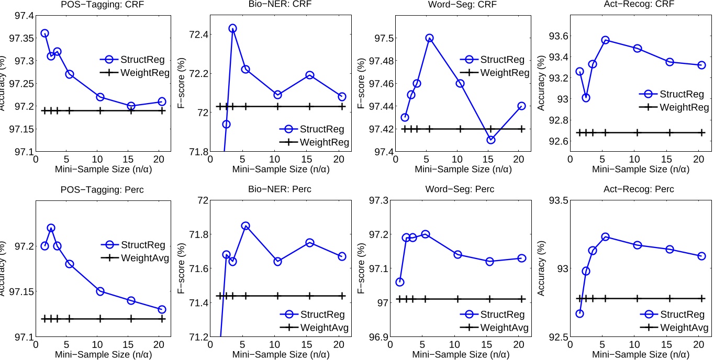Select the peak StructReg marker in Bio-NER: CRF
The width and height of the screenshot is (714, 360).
(x=232, y=28)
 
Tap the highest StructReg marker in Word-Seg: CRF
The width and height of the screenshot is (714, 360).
(x=429, y=38)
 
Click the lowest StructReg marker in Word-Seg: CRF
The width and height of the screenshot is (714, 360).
(x=490, y=140)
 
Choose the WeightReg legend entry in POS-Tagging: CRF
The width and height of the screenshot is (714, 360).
(x=137, y=73)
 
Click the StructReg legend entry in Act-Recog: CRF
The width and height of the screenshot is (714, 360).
(x=671, y=94)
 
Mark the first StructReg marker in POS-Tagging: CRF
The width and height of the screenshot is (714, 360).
(x=44, y=33)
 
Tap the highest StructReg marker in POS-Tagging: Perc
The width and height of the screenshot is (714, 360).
(x=51, y=228)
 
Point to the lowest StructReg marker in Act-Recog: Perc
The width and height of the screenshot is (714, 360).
(x=579, y=313)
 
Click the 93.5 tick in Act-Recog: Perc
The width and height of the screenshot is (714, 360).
(x=558, y=201)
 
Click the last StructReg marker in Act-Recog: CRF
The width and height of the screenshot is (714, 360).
(x=701, y=65)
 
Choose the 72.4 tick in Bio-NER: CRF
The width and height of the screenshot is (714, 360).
(x=199, y=35)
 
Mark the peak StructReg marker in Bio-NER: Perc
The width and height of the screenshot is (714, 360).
(x=245, y=226)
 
